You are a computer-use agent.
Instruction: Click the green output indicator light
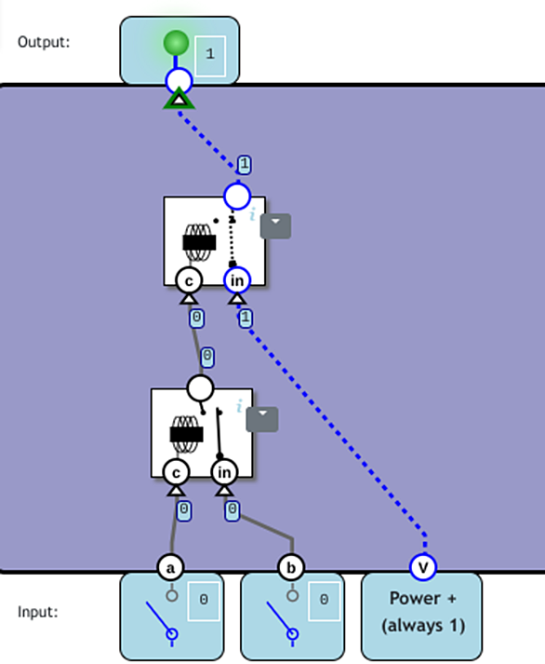click(176, 43)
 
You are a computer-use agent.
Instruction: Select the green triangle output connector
click(179, 99)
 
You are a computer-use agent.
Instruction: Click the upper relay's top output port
click(237, 196)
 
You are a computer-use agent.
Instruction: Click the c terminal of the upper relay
click(189, 280)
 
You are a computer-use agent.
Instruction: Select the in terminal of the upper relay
click(237, 280)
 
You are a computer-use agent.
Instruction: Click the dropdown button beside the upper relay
click(275, 226)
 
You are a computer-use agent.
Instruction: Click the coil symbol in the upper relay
click(199, 243)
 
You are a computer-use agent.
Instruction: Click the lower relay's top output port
click(200, 387)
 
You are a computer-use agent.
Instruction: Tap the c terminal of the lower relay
click(176, 472)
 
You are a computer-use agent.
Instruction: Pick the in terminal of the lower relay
click(224, 472)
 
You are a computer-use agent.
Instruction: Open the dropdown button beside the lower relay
click(262, 419)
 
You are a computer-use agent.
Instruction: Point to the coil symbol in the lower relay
click(186, 435)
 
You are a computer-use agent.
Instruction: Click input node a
click(170, 567)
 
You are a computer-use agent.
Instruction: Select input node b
click(291, 567)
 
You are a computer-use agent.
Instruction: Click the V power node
click(423, 567)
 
